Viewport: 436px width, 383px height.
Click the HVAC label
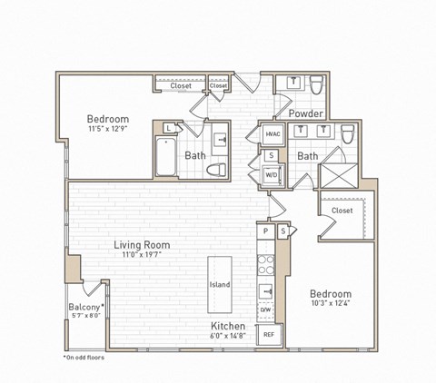(272, 134)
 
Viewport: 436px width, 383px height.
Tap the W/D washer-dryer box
(272, 174)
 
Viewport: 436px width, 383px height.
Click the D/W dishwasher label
(266, 310)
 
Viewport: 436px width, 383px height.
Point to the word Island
(220, 285)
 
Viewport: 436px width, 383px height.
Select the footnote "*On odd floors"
(84, 358)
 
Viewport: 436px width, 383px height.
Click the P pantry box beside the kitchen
(265, 231)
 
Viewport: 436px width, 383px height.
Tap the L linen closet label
(169, 128)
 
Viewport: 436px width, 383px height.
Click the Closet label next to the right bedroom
(342, 211)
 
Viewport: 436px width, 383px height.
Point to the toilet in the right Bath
(347, 134)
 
